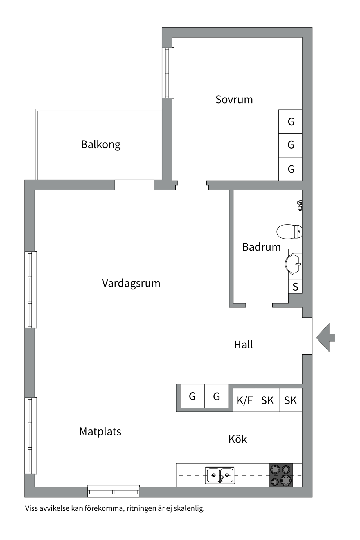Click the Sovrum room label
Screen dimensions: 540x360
(234, 100)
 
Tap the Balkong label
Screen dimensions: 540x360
(101, 145)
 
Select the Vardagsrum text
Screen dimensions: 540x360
(131, 283)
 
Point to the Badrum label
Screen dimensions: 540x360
(261, 247)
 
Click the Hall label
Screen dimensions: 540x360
(243, 345)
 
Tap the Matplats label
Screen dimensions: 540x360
(100, 431)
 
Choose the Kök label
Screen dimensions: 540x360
(237, 439)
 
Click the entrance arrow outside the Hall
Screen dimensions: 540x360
(326, 337)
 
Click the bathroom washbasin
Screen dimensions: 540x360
(294, 264)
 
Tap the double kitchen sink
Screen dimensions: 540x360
(220, 475)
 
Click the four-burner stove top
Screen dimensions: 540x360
(281, 475)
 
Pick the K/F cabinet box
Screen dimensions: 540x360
(244, 400)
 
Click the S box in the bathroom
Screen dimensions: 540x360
(295, 287)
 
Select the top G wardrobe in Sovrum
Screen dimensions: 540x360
(291, 121)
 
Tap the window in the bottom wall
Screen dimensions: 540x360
(113, 491)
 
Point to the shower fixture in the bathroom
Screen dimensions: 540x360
(300, 205)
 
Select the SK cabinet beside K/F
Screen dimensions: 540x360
(267, 400)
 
